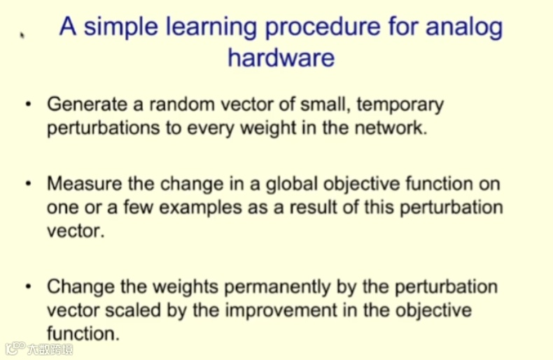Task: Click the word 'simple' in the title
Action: tap(120, 28)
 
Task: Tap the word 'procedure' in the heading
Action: tap(323, 28)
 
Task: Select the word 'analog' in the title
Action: tap(464, 28)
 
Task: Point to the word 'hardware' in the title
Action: tap(281, 57)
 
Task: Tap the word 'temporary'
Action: tap(400, 105)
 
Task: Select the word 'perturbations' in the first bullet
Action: tap(104, 128)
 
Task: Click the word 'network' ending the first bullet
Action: tap(391, 127)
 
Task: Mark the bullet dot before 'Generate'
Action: tap(29, 104)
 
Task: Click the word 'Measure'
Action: tap(85, 184)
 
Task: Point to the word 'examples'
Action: tap(200, 207)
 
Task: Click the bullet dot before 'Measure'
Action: tap(29, 184)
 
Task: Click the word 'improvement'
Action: tap(281, 311)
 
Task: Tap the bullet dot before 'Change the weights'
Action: tap(29, 286)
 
